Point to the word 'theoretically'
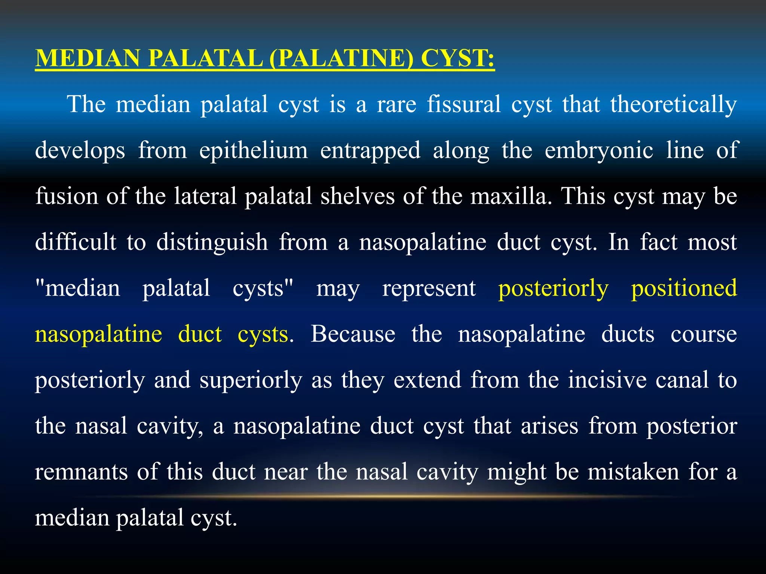674,105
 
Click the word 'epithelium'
253,151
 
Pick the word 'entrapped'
370,151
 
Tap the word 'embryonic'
599,151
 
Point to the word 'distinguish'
212,242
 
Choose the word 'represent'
429,288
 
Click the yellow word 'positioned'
684,288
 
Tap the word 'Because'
353,334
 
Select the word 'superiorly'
251,380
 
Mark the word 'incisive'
607,380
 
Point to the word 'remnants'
81,472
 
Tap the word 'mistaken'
633,472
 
